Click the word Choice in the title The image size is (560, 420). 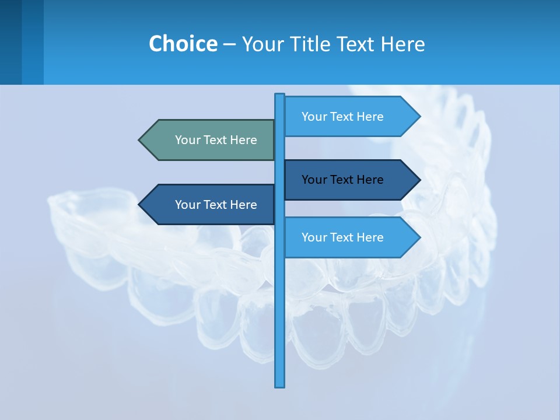point(183,44)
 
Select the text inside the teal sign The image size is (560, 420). point(216,140)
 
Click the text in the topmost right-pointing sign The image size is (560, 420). point(342,117)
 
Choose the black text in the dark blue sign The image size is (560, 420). point(342,180)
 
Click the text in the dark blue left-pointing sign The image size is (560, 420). point(216,205)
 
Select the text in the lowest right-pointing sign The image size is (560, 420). point(342,237)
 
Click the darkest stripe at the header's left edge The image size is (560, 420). point(10,42)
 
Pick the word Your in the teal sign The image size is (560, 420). point(187,140)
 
